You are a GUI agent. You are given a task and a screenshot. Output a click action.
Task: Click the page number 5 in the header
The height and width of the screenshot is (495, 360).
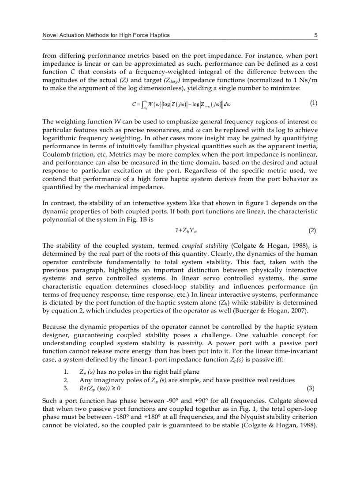click(316, 35)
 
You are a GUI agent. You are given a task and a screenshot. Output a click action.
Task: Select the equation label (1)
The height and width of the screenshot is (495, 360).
click(313, 103)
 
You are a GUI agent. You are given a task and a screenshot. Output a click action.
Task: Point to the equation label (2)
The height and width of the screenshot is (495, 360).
click(312, 231)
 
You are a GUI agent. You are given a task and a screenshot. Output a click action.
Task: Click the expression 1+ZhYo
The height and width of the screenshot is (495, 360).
click(186, 231)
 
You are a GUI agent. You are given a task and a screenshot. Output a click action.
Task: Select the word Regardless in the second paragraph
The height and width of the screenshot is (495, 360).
click(202, 171)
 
